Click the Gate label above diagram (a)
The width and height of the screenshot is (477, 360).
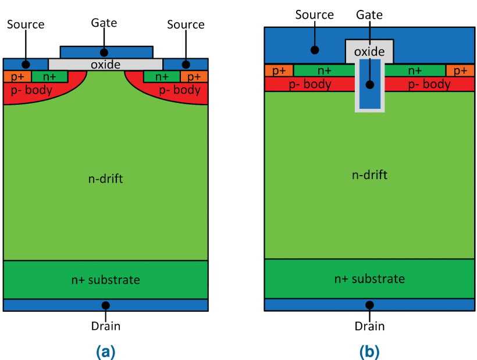(x=104, y=23)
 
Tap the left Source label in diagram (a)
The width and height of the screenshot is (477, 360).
(x=26, y=24)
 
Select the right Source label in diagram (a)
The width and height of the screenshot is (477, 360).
(x=186, y=24)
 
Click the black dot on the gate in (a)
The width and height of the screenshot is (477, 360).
(x=104, y=52)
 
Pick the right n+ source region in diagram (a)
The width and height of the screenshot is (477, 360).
(x=162, y=76)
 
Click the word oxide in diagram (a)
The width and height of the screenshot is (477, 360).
(x=105, y=64)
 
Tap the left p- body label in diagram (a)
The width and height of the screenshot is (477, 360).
(x=32, y=90)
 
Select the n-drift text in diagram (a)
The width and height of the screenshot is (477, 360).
(x=105, y=179)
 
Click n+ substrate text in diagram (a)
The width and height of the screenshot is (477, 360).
(x=105, y=280)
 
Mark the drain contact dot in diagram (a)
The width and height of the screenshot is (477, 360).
(x=105, y=305)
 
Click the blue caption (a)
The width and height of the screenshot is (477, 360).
(x=105, y=351)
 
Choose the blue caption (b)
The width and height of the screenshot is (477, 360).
(x=369, y=351)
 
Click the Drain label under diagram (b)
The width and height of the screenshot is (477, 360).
(x=369, y=326)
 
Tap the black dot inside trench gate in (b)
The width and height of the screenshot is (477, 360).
(x=369, y=85)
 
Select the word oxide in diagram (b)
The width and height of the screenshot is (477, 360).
(x=369, y=52)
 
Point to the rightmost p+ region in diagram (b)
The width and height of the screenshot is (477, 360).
(x=460, y=70)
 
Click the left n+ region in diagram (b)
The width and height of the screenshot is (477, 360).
(x=323, y=70)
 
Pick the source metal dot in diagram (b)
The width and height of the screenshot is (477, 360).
(x=315, y=49)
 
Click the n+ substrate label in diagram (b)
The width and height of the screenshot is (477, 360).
(x=369, y=279)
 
